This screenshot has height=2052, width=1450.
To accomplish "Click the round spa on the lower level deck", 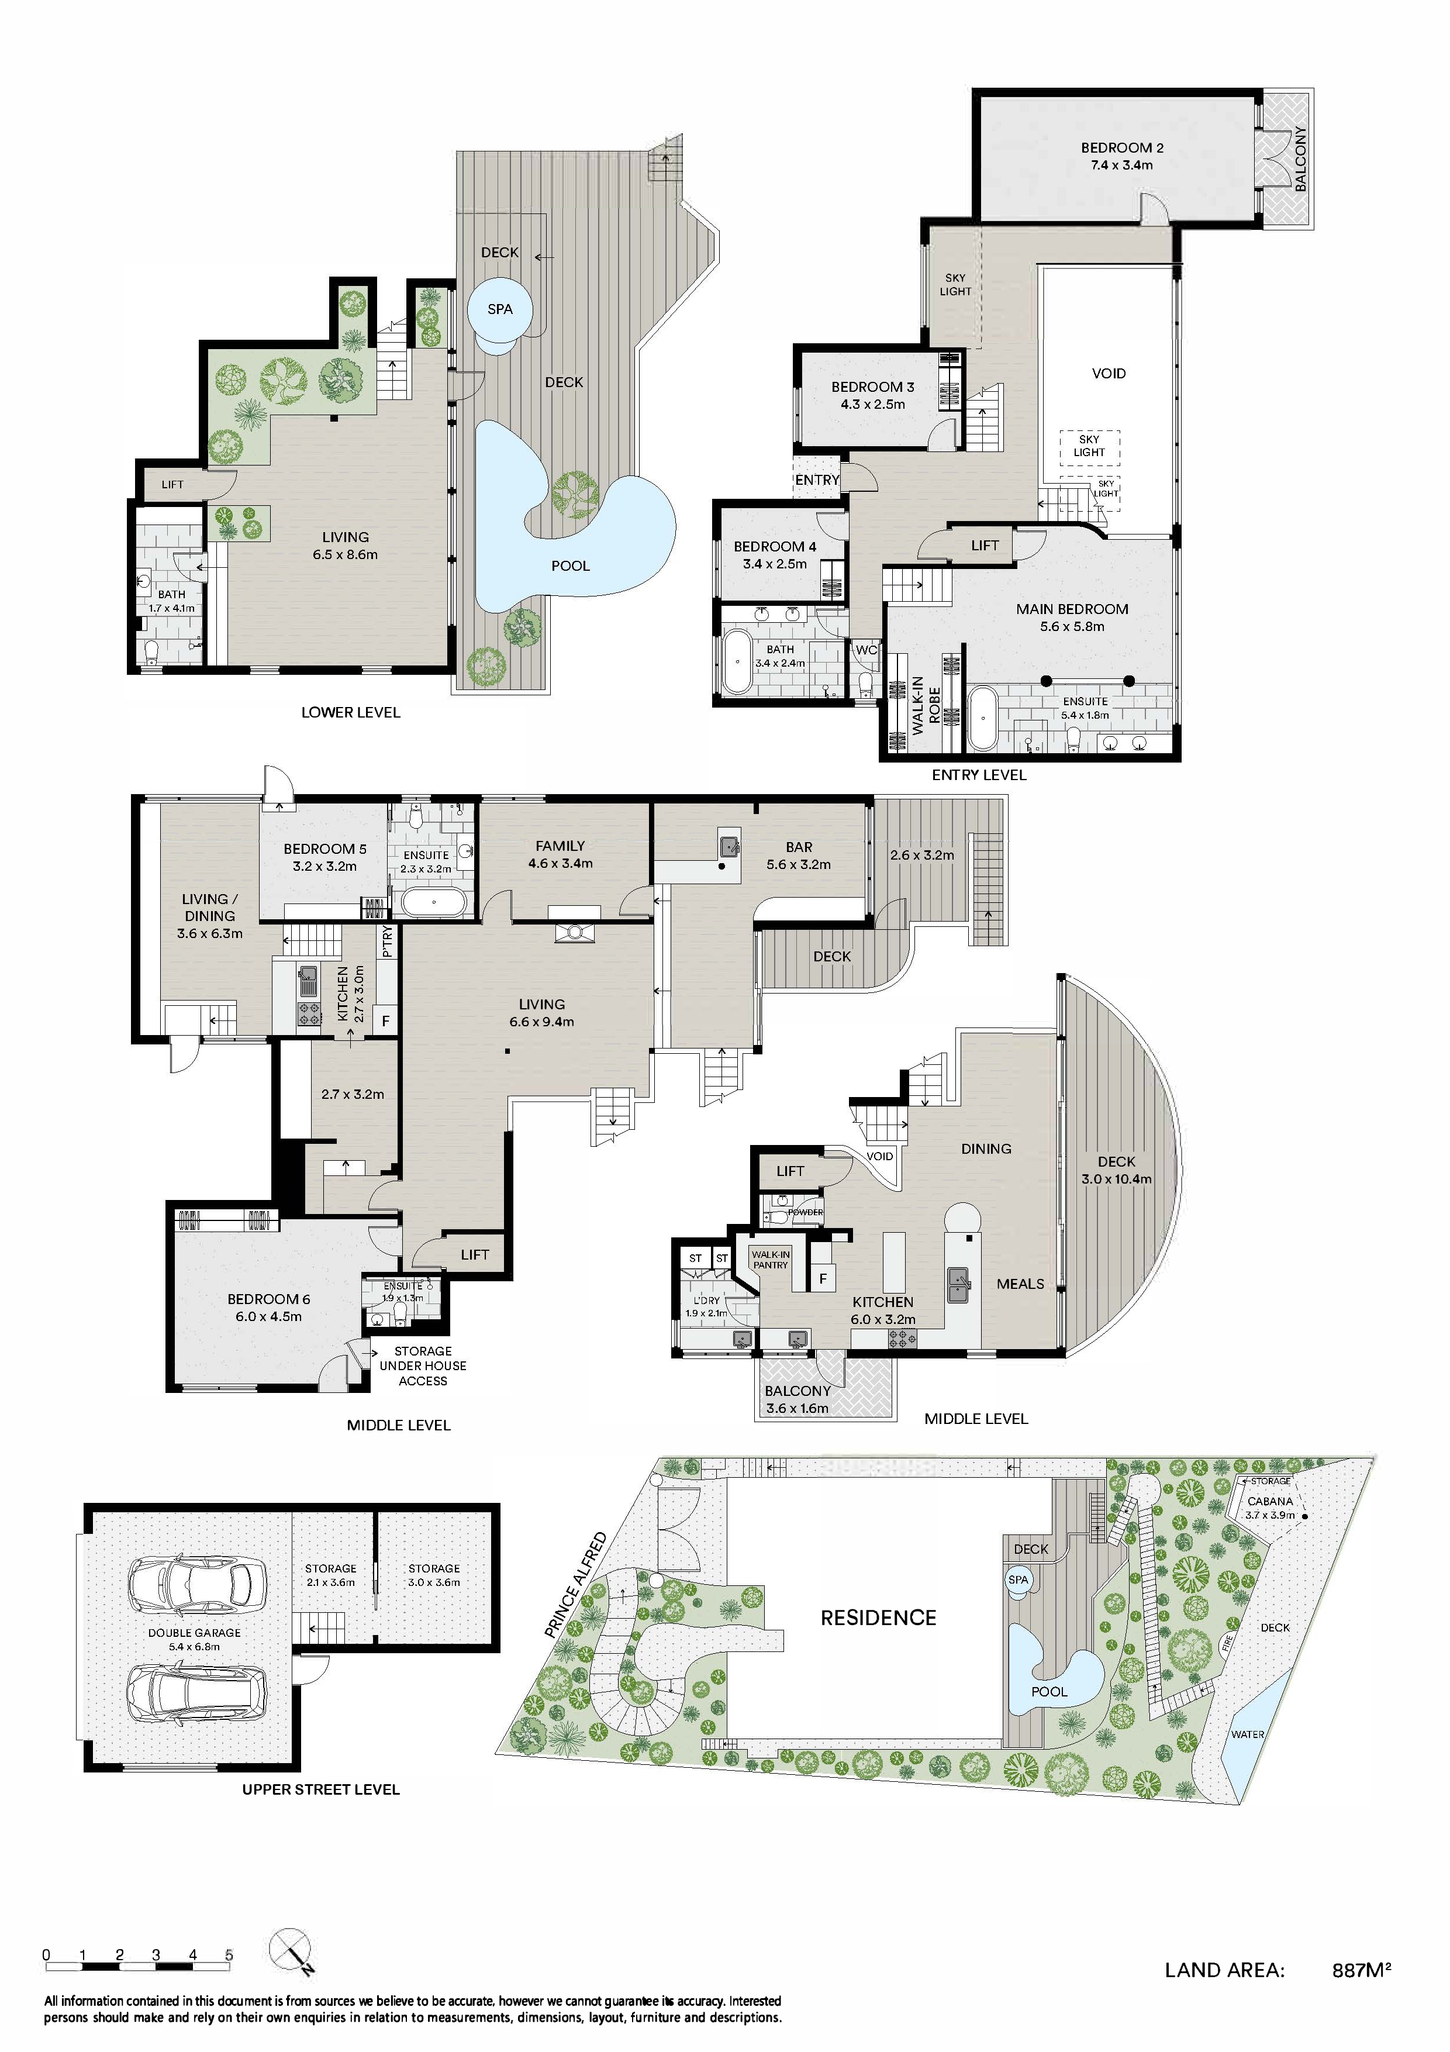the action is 500,310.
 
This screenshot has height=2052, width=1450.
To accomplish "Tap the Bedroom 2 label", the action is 1122,149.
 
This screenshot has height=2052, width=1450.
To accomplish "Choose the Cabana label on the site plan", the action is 1269,1502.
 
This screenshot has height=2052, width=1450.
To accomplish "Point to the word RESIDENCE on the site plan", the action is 878,1618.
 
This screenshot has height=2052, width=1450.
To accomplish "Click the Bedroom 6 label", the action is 269,1299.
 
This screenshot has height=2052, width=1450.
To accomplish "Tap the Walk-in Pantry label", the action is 770,1260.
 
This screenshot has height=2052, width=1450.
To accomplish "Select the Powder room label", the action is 805,1213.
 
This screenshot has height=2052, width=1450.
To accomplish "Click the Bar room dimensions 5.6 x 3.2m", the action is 799,864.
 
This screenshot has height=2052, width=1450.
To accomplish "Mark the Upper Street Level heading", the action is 321,1789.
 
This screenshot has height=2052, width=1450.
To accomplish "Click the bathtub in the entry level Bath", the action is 738,662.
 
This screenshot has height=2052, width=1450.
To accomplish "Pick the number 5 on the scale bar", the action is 229,1954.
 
